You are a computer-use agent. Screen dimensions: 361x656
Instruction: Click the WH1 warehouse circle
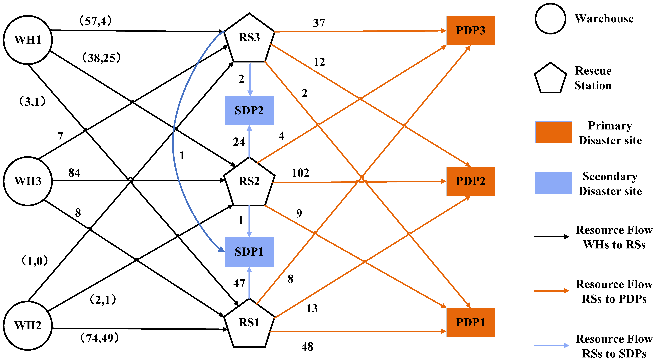click(28, 40)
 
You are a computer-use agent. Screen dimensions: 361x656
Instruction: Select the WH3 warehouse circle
click(28, 181)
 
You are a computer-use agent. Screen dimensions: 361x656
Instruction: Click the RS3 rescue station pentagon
click(249, 38)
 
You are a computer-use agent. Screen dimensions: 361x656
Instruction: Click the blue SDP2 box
click(249, 111)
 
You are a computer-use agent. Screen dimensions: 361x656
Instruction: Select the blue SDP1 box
click(249, 252)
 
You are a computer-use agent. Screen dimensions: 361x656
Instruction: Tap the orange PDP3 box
click(470, 31)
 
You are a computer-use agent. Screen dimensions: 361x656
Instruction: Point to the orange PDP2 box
click(470, 181)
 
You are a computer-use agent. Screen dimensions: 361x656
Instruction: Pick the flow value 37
click(319, 23)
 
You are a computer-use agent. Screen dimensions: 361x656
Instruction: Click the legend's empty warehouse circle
click(550, 19)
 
